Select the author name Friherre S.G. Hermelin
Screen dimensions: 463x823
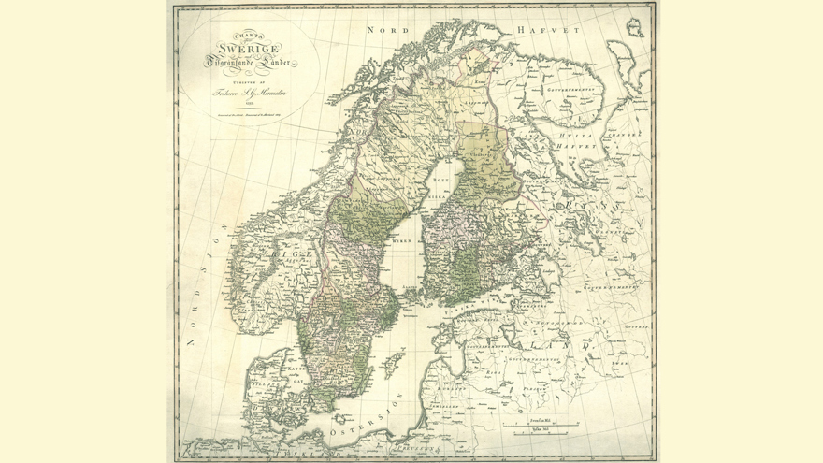click(x=247, y=94)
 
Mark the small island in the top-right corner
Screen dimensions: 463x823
click(x=635, y=26)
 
